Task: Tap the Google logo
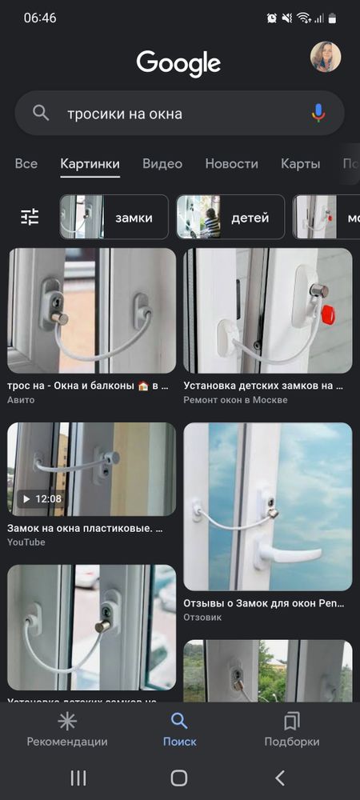point(178,62)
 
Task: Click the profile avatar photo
point(326,57)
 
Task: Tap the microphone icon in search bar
point(318,114)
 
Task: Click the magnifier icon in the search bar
point(41,114)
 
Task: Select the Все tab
point(26,164)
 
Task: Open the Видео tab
point(162,164)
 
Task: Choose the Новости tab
point(231,164)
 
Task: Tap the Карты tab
point(300,164)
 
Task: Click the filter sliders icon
point(30,217)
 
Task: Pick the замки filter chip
point(114,217)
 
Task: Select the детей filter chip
point(231,217)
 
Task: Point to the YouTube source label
point(26,542)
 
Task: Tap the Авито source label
point(21,400)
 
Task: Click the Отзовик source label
point(202,618)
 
